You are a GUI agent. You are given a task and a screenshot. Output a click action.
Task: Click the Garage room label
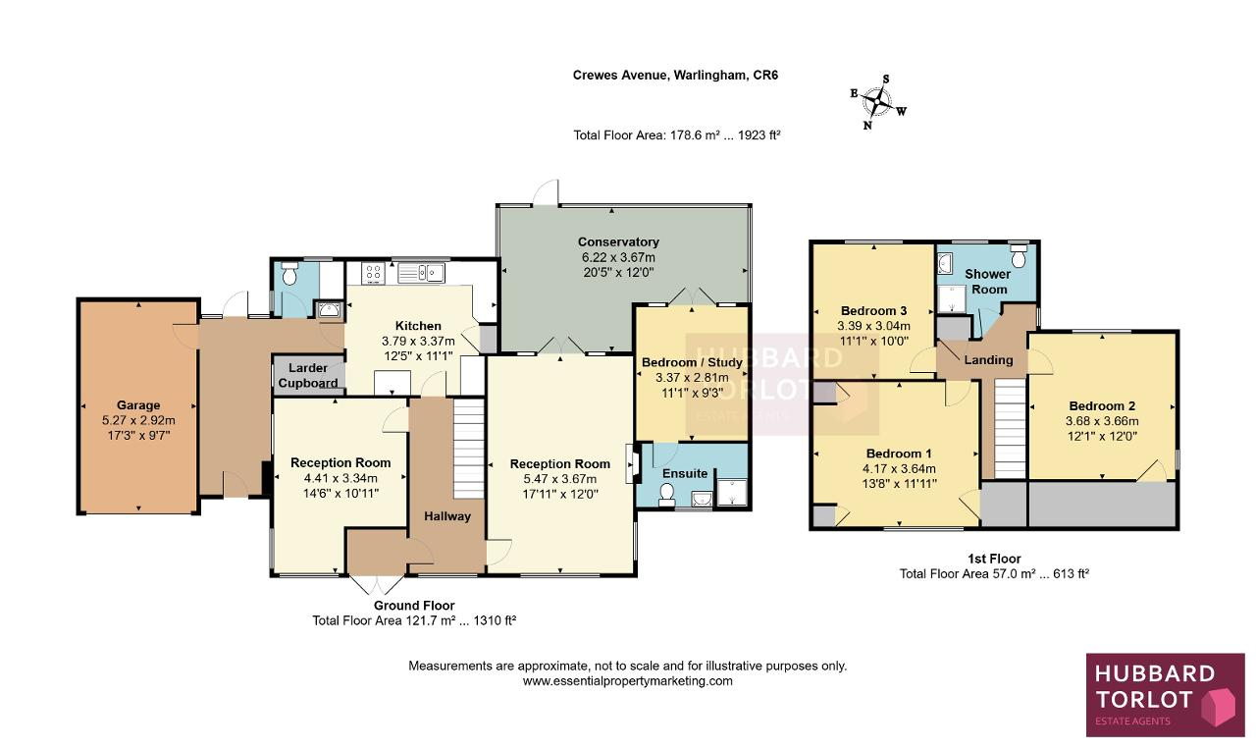pos(138,405)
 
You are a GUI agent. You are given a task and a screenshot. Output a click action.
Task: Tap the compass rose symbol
pos(877,103)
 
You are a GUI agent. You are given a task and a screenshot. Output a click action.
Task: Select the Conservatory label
pos(618,241)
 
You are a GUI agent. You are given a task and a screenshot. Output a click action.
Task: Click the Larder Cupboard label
pos(308,375)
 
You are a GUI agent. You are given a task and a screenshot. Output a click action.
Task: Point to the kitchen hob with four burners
pos(374,274)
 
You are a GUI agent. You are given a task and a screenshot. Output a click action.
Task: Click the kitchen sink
pos(421,273)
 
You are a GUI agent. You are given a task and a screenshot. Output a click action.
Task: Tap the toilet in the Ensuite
pos(666,495)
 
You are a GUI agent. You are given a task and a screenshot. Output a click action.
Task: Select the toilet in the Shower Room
pos(1019,256)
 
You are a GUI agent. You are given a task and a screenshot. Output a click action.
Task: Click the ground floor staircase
pos(468,449)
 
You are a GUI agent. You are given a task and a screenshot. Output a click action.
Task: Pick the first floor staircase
pos(1010,429)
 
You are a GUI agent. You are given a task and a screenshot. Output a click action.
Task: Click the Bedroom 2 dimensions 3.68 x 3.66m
pos(1102,421)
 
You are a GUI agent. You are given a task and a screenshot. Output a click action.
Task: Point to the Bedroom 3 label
pos(873,311)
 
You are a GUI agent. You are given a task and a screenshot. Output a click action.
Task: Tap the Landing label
pos(988,360)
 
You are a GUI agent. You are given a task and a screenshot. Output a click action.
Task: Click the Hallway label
pos(446,516)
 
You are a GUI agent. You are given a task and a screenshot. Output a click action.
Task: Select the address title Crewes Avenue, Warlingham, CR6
pos(675,76)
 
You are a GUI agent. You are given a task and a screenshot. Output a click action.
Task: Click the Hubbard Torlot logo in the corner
pos(1165,695)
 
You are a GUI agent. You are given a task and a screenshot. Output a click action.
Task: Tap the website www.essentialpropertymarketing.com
pos(627,681)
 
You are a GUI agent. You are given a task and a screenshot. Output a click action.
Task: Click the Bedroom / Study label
pos(692,362)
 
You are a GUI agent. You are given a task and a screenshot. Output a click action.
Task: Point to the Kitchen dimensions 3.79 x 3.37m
pos(418,341)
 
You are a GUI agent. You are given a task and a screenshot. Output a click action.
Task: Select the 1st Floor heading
pos(994,559)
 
